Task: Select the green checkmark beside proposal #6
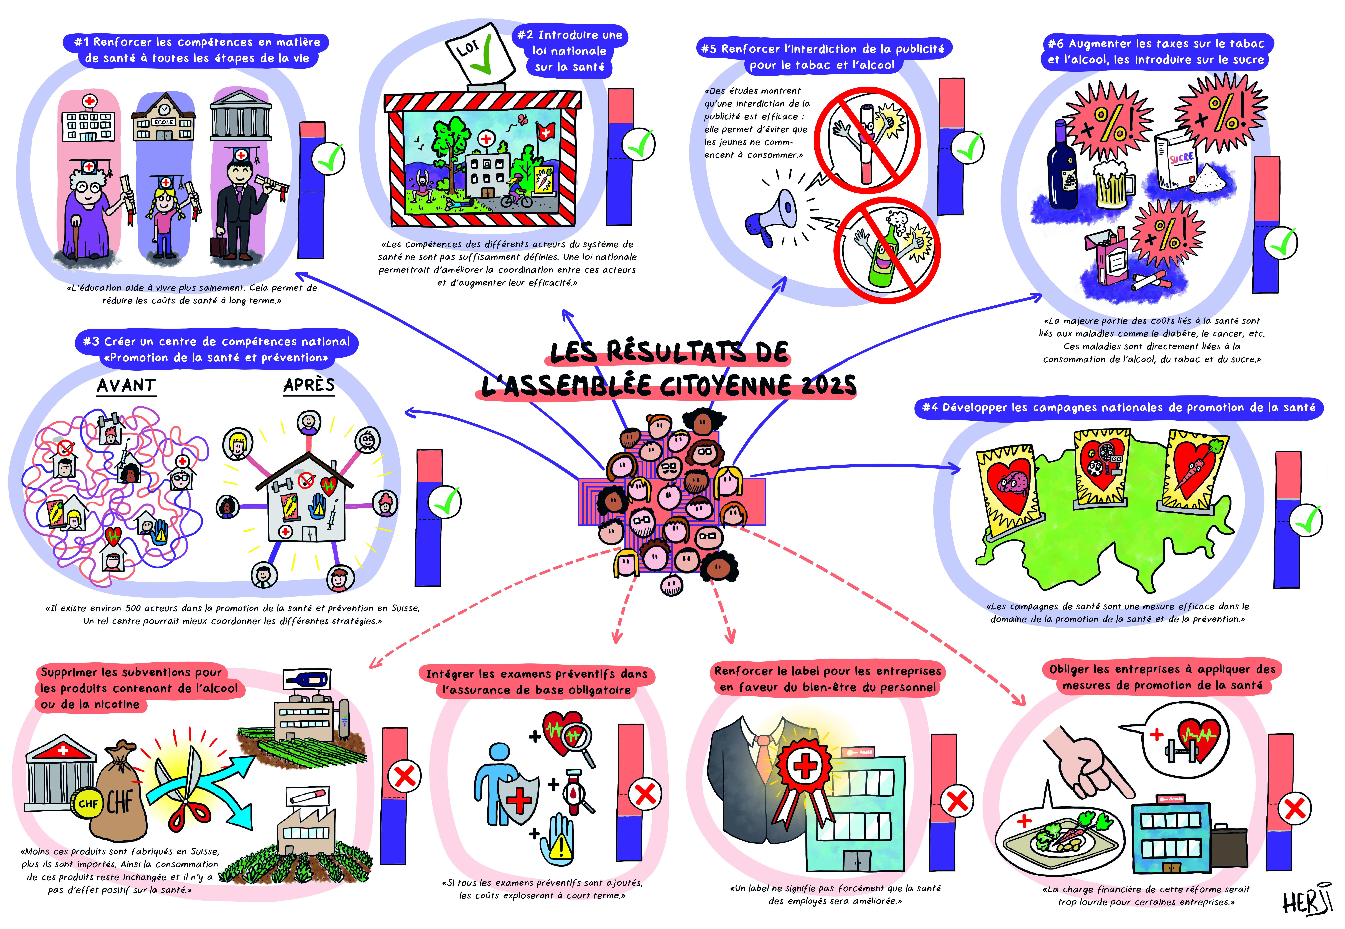(1282, 243)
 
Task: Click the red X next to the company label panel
(957, 802)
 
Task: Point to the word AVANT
(126, 385)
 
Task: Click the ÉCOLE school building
(164, 119)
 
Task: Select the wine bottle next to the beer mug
(1062, 166)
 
